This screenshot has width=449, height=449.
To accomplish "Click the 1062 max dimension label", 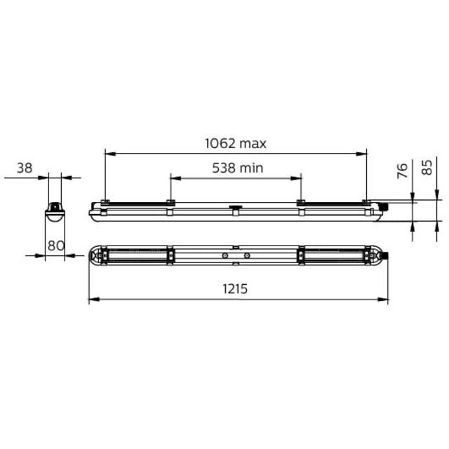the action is [236, 143].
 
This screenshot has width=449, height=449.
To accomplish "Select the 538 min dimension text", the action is [238, 168].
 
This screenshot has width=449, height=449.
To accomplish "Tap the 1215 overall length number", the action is [235, 289].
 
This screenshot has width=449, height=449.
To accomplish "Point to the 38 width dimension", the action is [25, 168].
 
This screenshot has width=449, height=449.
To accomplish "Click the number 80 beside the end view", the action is [56, 246].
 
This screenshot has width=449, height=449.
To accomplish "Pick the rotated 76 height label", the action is [403, 170].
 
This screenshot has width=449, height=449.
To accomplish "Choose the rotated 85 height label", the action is [427, 167].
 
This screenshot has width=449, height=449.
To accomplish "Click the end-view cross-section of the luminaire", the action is [55, 212].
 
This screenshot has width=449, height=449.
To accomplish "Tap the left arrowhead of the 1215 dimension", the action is [94, 300].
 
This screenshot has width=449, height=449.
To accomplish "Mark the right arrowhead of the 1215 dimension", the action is [383, 300].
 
